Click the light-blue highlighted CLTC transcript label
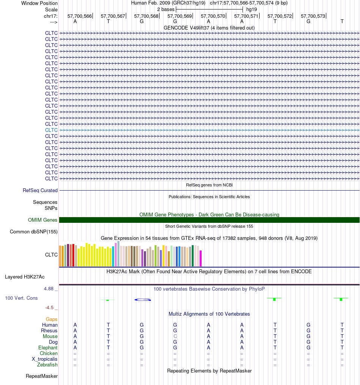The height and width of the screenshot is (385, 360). [51, 130]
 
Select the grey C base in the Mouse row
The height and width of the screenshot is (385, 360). [175, 336]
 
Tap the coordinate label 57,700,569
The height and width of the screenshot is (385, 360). [180, 16]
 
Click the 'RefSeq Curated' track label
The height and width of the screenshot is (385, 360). [40, 190]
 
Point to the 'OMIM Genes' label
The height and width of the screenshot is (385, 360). [42, 220]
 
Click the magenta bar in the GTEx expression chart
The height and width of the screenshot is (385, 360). [200, 258]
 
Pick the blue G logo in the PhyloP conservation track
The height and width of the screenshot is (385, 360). [143, 300]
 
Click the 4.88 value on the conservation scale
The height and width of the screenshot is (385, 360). [49, 288]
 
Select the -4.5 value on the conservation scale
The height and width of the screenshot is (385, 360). [49, 308]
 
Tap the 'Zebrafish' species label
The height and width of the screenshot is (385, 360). [47, 365]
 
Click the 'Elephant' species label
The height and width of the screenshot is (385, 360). [48, 348]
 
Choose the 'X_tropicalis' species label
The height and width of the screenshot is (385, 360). [44, 359]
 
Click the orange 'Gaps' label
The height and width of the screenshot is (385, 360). [52, 319]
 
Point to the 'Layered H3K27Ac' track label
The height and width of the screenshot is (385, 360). [25, 277]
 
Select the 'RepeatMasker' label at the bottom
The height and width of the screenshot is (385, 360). [42, 376]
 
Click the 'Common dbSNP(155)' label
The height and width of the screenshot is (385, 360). [34, 232]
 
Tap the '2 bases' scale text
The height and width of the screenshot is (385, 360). [166, 9]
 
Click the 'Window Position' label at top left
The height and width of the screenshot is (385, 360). [39, 3]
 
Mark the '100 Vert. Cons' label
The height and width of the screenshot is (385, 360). [21, 298]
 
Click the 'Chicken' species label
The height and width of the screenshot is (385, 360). [49, 353]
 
